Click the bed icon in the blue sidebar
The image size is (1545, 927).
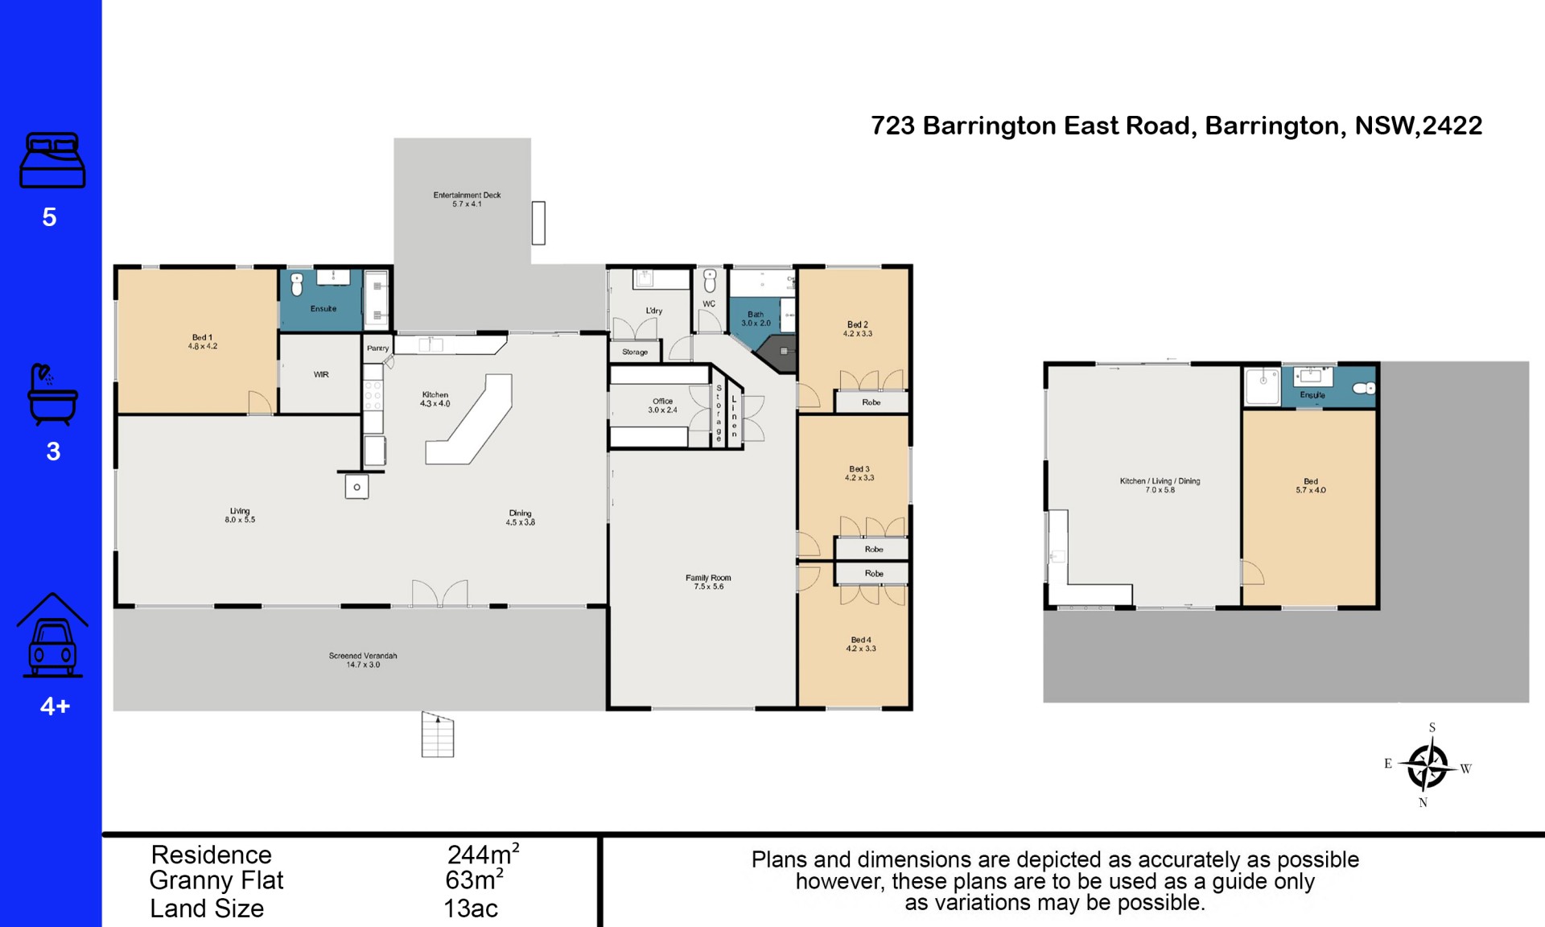[x=52, y=160]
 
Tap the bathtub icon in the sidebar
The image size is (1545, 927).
[x=52, y=394]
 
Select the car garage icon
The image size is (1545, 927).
[x=52, y=635]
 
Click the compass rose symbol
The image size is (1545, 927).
[x=1427, y=765]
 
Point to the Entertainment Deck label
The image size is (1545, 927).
[x=467, y=200]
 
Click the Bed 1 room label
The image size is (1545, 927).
[x=203, y=342]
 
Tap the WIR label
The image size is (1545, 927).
[x=321, y=375]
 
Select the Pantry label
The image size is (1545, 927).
[x=377, y=348]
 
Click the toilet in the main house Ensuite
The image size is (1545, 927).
[x=297, y=284]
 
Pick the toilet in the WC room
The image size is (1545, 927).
[x=710, y=281]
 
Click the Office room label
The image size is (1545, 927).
[x=663, y=406]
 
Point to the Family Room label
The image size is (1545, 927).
[x=708, y=582]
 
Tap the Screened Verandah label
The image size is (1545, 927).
[x=363, y=660]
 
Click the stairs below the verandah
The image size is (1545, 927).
[x=438, y=735]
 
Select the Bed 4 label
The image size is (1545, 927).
[x=861, y=644]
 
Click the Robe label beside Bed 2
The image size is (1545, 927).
[x=871, y=402]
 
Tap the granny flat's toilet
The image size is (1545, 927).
[x=1364, y=389]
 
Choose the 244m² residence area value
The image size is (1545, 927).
[x=484, y=854]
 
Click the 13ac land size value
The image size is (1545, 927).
[x=471, y=908]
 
